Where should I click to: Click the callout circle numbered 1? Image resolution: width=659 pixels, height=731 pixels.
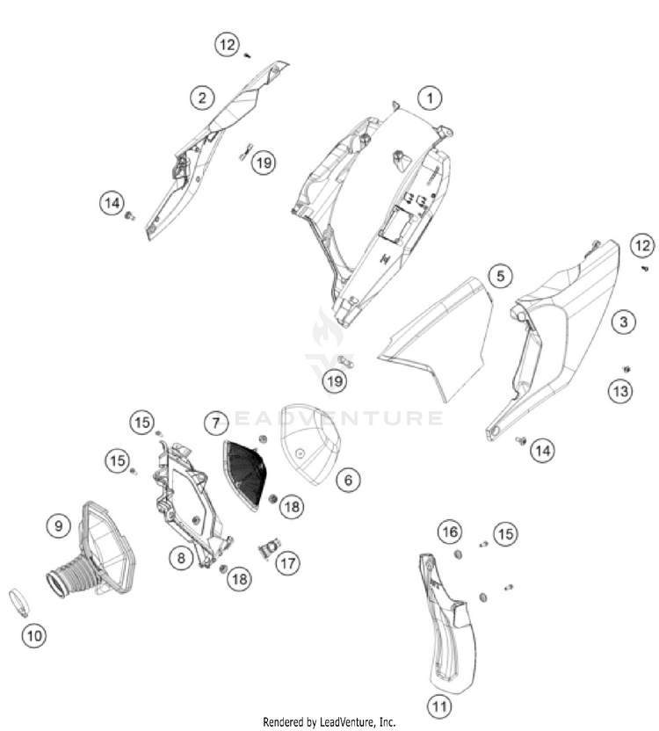pos(430,98)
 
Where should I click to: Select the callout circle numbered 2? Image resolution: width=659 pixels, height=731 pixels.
pos(202,98)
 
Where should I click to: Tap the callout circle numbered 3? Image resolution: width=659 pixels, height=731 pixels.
pos(624,322)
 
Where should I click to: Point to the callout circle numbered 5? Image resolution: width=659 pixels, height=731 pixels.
pos(500,276)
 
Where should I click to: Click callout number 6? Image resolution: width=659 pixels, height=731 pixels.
pos(348,479)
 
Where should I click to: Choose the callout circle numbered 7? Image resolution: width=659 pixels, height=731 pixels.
pos(216,423)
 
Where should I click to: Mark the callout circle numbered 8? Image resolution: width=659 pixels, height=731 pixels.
pos(181,558)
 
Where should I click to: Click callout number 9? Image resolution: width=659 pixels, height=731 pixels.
pos(58,526)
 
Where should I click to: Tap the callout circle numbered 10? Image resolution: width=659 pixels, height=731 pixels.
pos(34,635)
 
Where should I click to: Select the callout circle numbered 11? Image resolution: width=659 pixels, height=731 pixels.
pos(439,706)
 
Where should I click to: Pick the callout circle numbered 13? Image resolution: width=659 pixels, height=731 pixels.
pos(620,391)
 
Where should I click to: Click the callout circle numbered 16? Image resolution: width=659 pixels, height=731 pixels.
pos(450,532)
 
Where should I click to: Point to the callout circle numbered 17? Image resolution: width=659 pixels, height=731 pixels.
pos(287,563)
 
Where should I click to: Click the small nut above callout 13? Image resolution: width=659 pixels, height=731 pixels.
pos(626,369)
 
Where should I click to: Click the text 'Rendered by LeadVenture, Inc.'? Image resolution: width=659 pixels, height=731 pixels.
pos(329,722)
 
